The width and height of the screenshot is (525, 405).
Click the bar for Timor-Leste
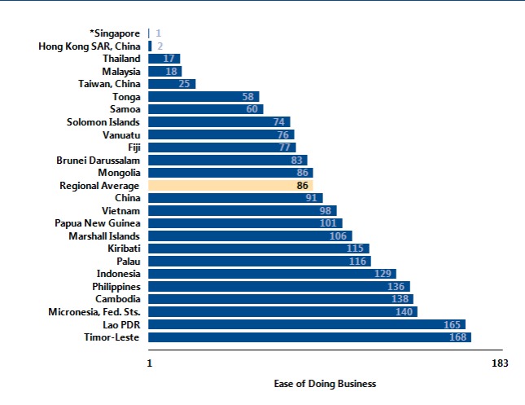pyautogui.click(x=309, y=337)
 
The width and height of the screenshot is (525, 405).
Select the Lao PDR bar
pyautogui.click(x=307, y=324)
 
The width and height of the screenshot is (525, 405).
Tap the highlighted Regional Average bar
pyautogui.click(x=231, y=186)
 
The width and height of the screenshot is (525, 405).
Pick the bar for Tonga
pyautogui.click(x=203, y=97)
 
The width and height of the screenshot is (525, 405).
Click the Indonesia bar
pyautogui.click(x=272, y=274)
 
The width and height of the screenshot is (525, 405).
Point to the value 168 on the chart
pyautogui.click(x=458, y=337)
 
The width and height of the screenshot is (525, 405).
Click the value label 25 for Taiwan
pyautogui.click(x=184, y=84)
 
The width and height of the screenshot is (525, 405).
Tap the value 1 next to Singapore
pyautogui.click(x=158, y=33)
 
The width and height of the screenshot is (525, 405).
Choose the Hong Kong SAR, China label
pyautogui.click(x=90, y=46)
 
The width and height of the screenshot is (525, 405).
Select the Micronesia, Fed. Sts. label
pyautogui.click(x=89, y=312)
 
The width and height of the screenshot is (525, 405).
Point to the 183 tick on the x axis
pyautogui.click(x=501, y=363)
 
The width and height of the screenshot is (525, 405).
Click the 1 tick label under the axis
pyautogui.click(x=150, y=363)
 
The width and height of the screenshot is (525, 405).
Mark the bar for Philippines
pyautogui.click(x=279, y=287)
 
